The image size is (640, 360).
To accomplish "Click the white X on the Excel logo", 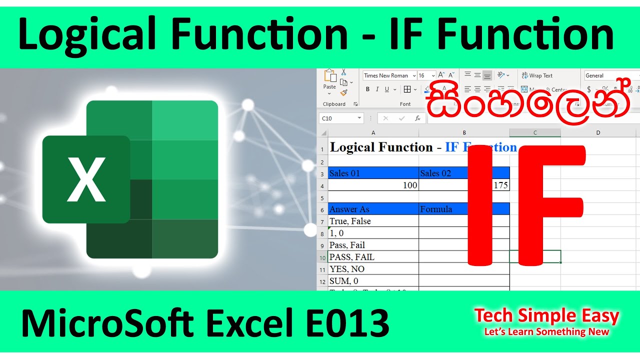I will pos(86,179).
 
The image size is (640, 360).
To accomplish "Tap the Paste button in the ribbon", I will pos(330,80).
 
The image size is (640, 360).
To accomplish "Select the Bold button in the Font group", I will pos(367,89).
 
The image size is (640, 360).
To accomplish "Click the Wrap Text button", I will pos(537,75).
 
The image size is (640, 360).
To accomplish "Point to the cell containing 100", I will pos(373,185).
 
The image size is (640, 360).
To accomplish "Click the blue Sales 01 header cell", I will pos(373,173).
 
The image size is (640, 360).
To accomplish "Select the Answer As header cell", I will pos(373,209).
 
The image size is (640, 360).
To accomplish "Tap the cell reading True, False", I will pos(373,221).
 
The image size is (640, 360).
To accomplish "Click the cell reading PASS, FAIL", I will pos(373,257).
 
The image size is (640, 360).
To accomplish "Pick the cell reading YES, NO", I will pos(373,269).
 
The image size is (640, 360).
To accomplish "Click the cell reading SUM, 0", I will pos(373,281).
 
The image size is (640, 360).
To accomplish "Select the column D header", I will pos(598,132).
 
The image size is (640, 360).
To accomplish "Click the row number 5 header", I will pos(322,198).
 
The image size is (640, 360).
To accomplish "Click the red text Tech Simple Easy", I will pos(546,315).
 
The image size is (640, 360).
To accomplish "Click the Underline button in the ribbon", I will pos(386,89).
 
